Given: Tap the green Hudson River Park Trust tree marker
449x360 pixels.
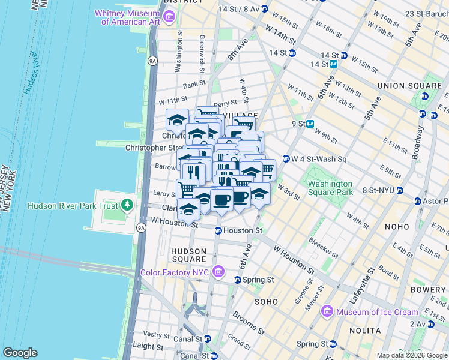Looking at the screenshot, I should point(127,206).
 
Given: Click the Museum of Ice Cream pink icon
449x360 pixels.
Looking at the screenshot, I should point(327,311).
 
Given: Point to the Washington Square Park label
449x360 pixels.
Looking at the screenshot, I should point(330,188).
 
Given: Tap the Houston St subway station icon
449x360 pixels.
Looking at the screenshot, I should point(218,230).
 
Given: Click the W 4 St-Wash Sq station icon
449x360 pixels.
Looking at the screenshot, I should point(286,159).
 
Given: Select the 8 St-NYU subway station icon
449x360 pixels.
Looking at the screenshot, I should point(400,191).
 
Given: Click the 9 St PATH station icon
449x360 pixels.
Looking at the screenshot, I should point(310,124).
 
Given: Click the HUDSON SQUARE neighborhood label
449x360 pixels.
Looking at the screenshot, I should point(189,255).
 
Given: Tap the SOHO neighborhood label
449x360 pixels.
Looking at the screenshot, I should point(266,301).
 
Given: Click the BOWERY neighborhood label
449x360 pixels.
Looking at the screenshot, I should point(429,290).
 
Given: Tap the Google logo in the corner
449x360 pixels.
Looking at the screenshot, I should point(20,352).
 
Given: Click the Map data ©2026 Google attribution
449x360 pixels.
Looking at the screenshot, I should point(412,355).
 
